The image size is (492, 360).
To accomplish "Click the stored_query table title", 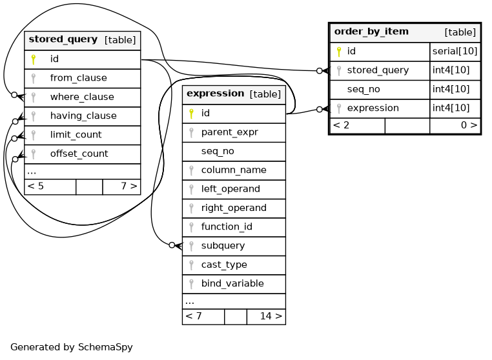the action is pos(63,39).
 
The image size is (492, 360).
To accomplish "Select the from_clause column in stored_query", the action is pos(78,78).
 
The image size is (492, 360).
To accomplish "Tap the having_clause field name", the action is pos(83,115).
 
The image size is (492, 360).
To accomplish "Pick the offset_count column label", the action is pos(79,154).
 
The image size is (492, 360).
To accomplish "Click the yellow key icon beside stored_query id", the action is pos(34,59).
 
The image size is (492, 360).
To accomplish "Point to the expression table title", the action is pos(215,94).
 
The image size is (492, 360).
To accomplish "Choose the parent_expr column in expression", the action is pos(230,132).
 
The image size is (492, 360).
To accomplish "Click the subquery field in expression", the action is pos(223,246).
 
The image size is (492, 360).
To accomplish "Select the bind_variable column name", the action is pos(232,283).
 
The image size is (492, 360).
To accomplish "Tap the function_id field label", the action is pos(227,226).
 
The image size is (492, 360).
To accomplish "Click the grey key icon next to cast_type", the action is pos(191,265).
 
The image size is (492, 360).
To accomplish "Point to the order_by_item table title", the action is pos(371,32).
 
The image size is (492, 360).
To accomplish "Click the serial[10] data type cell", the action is pos(455,51).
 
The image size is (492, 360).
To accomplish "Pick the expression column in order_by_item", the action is pos(373,108).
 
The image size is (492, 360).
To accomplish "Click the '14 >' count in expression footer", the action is pos(271,316).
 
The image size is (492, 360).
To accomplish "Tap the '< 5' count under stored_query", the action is pos(36,186).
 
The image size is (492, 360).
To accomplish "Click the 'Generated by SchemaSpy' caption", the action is pos(72,347).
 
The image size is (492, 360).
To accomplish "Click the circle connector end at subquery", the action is pos(172,245).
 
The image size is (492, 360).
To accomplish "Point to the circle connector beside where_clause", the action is pos(14,95).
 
